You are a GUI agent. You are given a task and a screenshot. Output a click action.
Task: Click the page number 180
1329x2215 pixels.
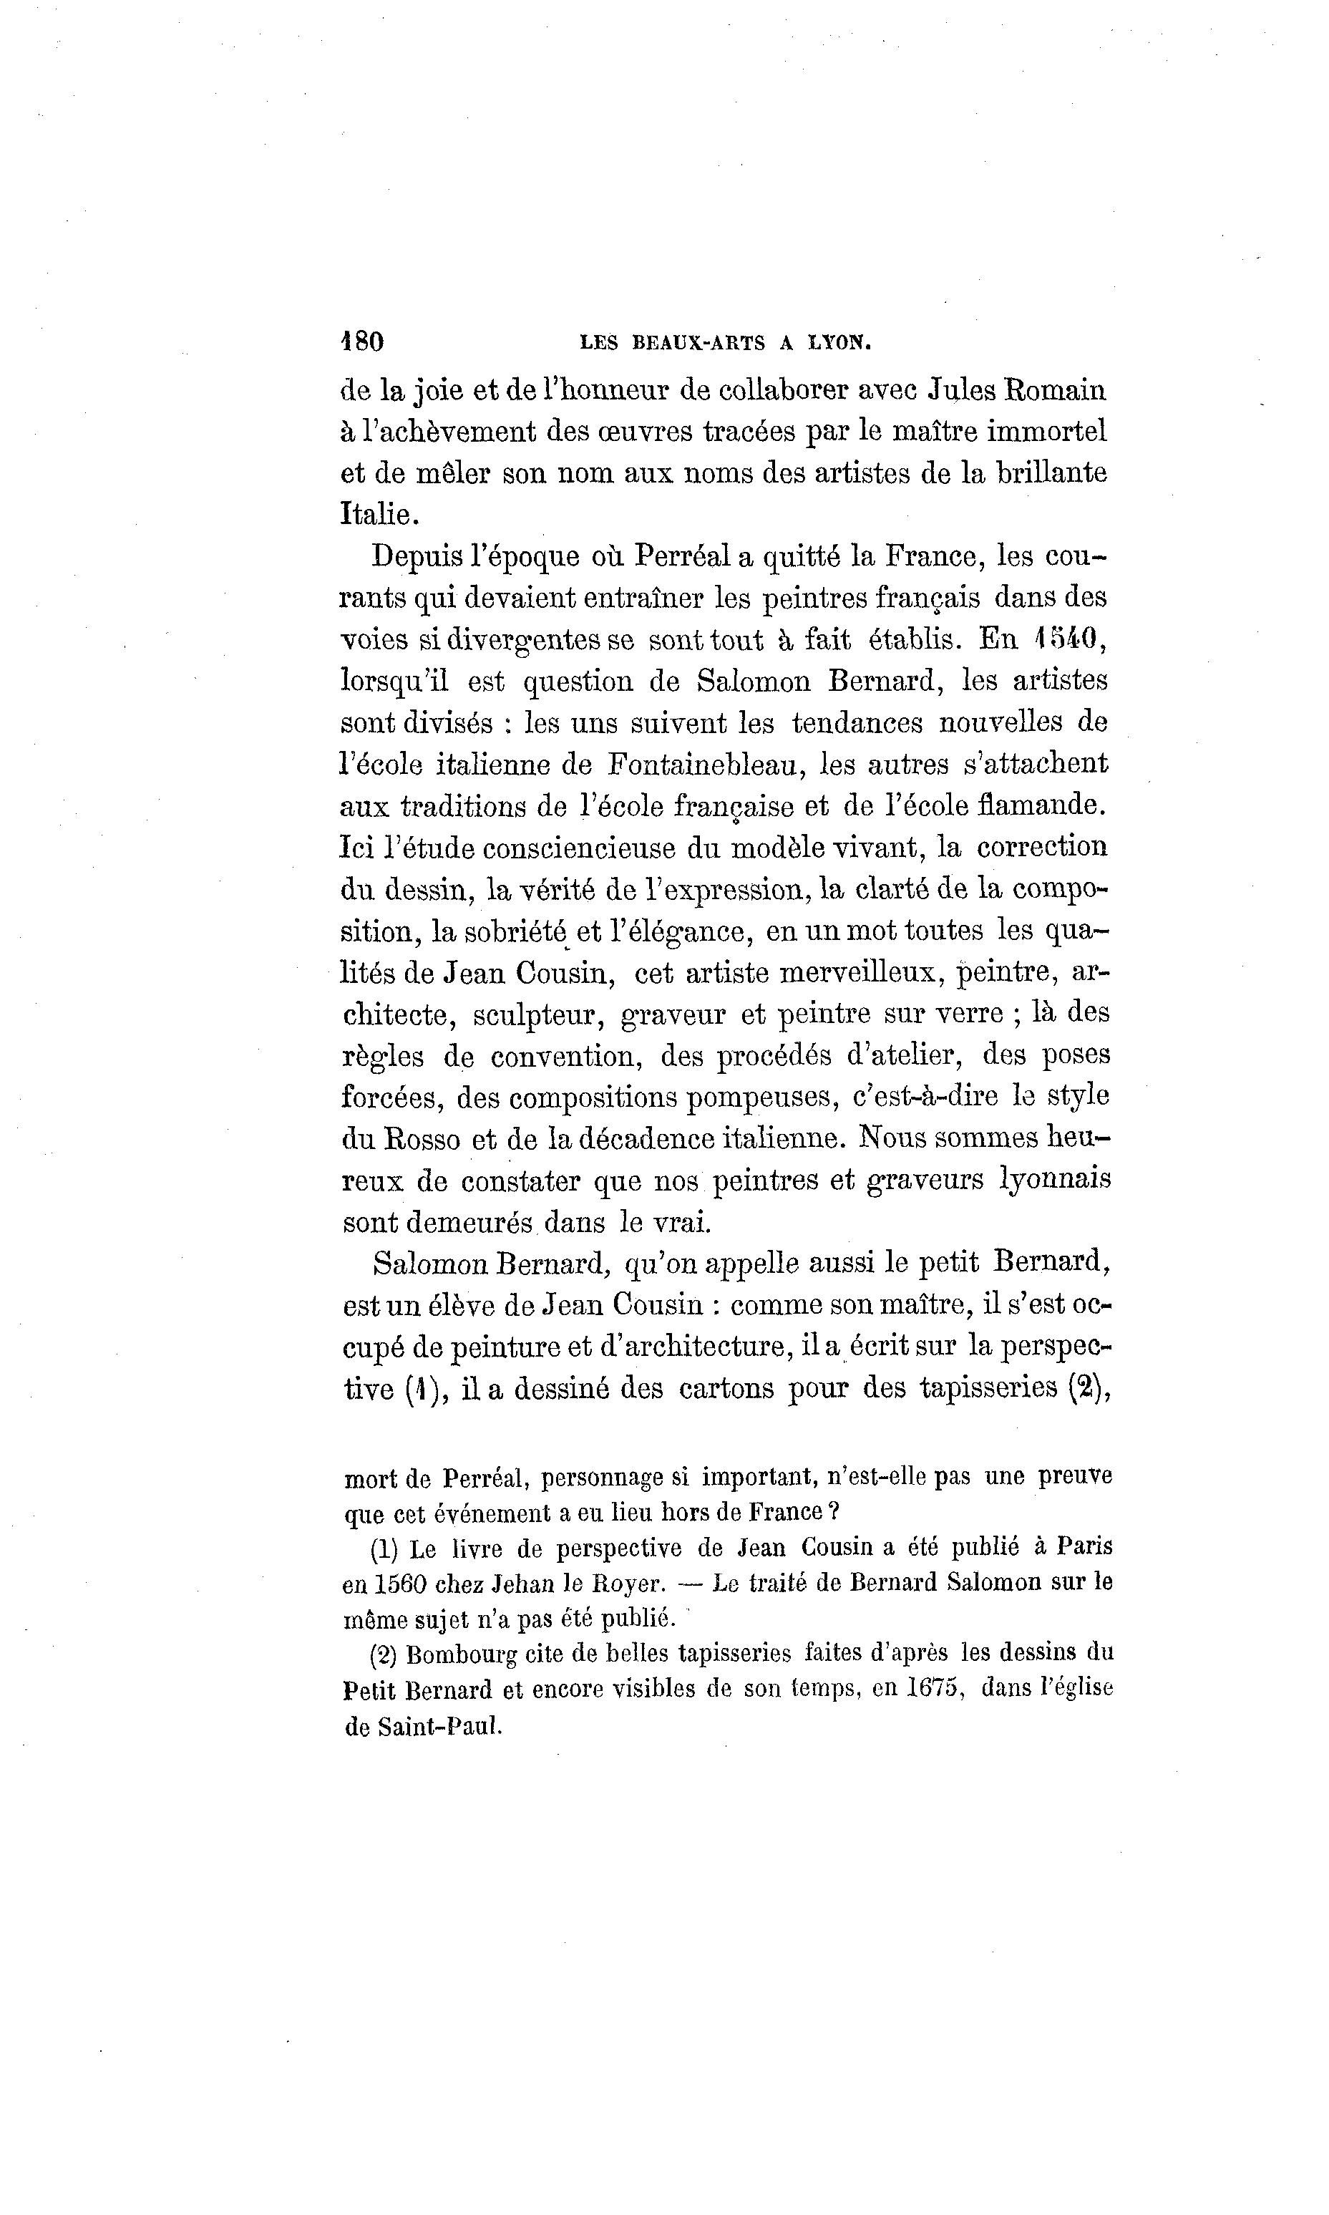363,341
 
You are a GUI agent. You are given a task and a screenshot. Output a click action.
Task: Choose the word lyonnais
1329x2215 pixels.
1054,1180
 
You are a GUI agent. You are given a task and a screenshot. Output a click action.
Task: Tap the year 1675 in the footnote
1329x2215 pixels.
935,1688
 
